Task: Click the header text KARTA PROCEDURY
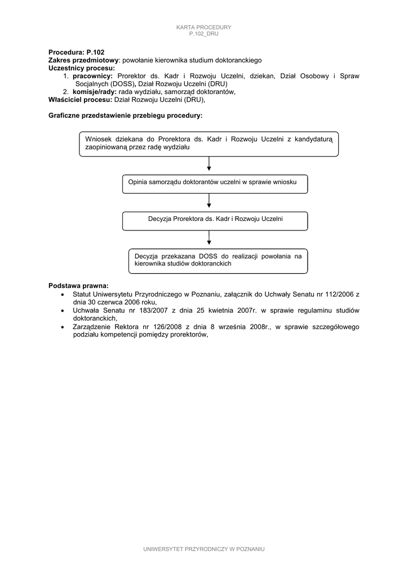[203, 27]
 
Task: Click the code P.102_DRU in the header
[203, 34]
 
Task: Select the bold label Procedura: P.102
[76, 52]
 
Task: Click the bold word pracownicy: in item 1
[92, 76]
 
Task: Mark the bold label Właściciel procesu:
[81, 99]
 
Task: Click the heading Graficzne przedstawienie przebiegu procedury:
[125, 115]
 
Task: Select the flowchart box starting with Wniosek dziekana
[209, 143]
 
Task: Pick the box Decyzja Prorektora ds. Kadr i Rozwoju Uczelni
[215, 220]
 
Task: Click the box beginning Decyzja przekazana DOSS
[218, 260]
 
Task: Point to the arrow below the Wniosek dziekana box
[209, 164]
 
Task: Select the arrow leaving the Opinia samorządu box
[209, 201]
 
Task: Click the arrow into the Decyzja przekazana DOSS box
[209, 239]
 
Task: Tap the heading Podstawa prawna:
[78, 285]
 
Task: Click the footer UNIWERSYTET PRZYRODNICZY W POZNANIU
[204, 549]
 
